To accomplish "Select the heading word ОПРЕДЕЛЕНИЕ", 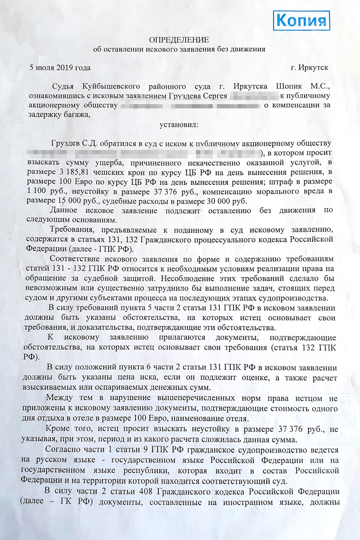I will (x=179, y=40).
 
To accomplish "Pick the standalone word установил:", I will (x=179, y=124).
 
